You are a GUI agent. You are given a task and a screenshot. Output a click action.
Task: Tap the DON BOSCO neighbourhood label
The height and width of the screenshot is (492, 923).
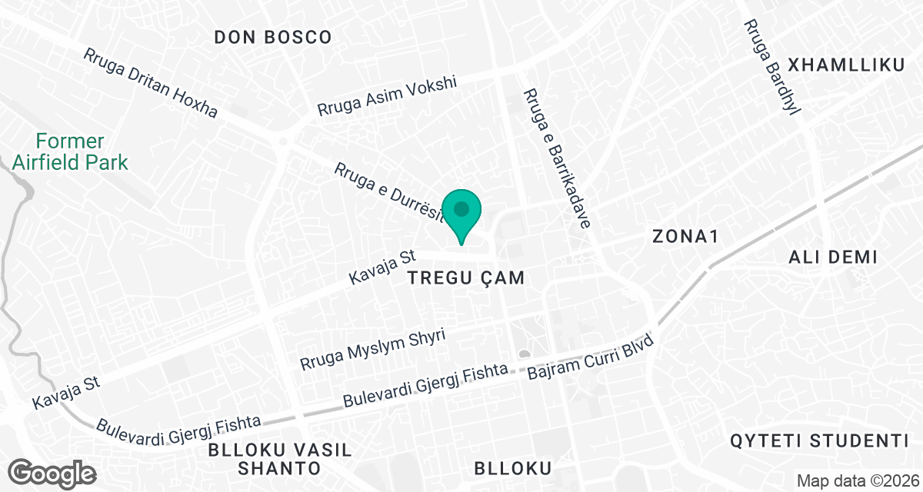click(x=273, y=37)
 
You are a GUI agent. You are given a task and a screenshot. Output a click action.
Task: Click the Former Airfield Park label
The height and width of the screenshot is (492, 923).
click(x=69, y=152)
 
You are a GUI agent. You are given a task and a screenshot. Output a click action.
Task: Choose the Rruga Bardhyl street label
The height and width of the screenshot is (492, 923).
click(x=772, y=67)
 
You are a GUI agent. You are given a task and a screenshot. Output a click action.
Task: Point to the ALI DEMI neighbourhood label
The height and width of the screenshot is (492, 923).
click(x=833, y=258)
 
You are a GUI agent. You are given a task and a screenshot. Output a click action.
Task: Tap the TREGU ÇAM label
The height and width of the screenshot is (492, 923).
click(x=466, y=278)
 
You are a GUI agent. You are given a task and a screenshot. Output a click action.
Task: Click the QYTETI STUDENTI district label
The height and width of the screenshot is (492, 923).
click(x=820, y=441)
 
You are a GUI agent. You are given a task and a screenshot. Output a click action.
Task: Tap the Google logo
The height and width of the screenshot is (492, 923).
click(x=53, y=472)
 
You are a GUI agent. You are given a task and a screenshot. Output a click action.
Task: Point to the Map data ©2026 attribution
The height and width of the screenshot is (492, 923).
click(x=855, y=481)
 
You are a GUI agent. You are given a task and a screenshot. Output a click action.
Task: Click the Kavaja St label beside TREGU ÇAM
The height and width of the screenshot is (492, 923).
click(x=382, y=264)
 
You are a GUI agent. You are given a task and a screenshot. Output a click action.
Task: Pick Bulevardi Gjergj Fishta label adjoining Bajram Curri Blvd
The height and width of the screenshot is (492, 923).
click(x=425, y=387)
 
